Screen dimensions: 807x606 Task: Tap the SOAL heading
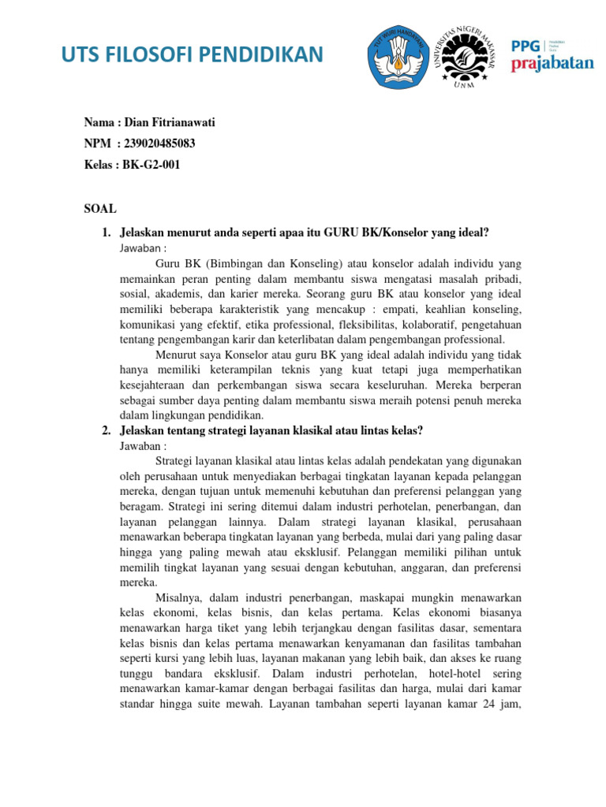(100, 209)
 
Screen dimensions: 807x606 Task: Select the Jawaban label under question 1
(144, 247)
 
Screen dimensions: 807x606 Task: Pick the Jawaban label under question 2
(144, 445)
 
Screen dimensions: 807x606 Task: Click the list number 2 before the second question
(107, 430)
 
